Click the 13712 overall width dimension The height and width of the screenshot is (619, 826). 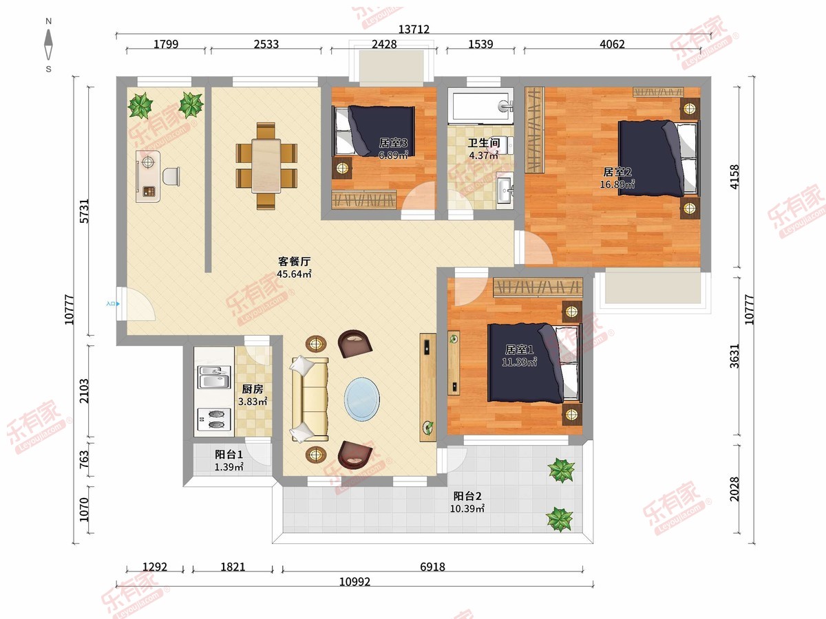[x=414, y=29]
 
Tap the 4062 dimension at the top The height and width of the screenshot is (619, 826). [x=612, y=44]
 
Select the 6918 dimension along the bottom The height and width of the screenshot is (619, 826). [x=432, y=567]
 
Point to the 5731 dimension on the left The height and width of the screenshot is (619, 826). [x=85, y=211]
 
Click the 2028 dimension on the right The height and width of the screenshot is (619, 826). [x=734, y=489]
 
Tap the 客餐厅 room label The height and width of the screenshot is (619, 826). [x=295, y=261]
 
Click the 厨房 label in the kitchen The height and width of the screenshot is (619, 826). [x=253, y=389]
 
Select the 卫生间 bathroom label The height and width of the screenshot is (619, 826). [x=484, y=143]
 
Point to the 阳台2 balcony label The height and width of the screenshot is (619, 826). [x=467, y=496]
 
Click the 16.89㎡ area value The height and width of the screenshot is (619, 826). [x=617, y=184]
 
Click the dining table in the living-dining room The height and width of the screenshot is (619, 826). [x=266, y=166]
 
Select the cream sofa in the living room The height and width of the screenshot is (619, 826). [x=310, y=399]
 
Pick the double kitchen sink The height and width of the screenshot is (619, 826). [x=214, y=378]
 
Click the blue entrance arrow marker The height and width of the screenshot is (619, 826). [x=118, y=304]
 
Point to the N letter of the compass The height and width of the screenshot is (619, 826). [x=49, y=21]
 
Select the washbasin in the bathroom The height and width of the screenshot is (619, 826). [x=504, y=191]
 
